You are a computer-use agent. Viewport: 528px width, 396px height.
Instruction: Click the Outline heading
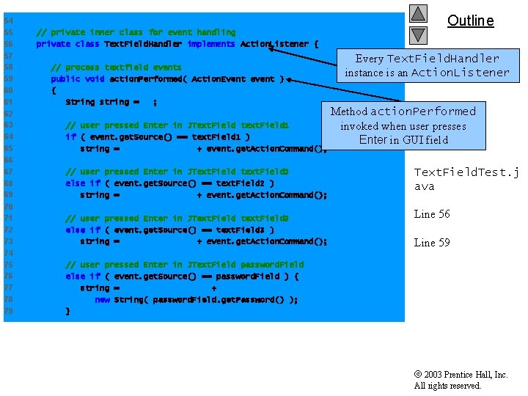470,21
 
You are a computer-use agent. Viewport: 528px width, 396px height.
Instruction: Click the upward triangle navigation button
418,13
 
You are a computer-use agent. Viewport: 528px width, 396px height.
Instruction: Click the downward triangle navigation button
418,34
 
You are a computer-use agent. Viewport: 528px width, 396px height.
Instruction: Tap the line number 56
8,44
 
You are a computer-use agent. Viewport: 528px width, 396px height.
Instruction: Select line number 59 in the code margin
8,79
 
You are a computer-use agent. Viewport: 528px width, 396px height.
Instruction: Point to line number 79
8,311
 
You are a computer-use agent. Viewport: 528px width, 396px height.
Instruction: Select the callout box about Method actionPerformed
403,125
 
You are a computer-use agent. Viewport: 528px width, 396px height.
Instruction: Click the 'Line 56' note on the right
432,214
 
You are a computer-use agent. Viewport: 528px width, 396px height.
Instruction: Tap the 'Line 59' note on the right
432,243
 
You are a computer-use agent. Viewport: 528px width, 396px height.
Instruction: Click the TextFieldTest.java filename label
466,179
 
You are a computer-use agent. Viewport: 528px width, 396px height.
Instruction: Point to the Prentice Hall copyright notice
461,380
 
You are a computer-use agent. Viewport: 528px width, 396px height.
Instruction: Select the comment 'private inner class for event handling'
136,32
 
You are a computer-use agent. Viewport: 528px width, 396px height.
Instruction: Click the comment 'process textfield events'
116,67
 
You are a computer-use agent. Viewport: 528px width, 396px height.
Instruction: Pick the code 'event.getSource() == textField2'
195,183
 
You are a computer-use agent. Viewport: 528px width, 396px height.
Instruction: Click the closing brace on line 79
68,311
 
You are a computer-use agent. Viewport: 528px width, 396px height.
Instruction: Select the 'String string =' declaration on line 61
103,102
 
